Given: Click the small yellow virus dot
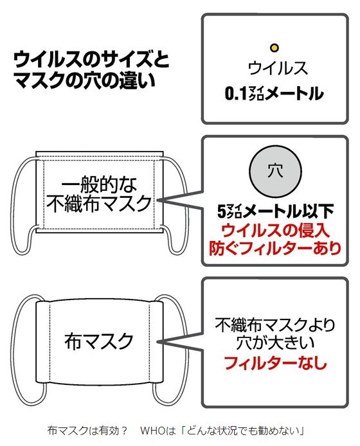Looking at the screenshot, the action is [274, 48].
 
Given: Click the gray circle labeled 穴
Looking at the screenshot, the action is [275, 172].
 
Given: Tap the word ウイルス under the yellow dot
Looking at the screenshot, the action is [278, 69].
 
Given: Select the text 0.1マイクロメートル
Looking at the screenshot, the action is [274, 93].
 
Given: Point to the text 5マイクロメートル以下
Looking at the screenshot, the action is [275, 211].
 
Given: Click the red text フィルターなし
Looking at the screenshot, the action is [275, 362].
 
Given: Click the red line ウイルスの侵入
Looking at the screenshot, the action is [276, 230].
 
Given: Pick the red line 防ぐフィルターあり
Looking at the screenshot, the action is [275, 248].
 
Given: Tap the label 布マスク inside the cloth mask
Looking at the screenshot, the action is [99, 342].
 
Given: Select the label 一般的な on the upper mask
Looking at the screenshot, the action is [99, 184].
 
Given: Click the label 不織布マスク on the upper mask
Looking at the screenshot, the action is [98, 203].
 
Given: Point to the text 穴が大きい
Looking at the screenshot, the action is [275, 343].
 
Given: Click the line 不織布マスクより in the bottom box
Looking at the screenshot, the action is [275, 325].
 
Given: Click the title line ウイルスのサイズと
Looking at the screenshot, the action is [91, 60].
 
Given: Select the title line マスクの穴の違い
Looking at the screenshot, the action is [84, 80].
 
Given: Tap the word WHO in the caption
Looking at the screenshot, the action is [152, 431].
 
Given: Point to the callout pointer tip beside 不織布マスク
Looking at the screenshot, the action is [157, 201].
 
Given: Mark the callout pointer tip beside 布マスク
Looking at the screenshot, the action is [157, 341].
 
